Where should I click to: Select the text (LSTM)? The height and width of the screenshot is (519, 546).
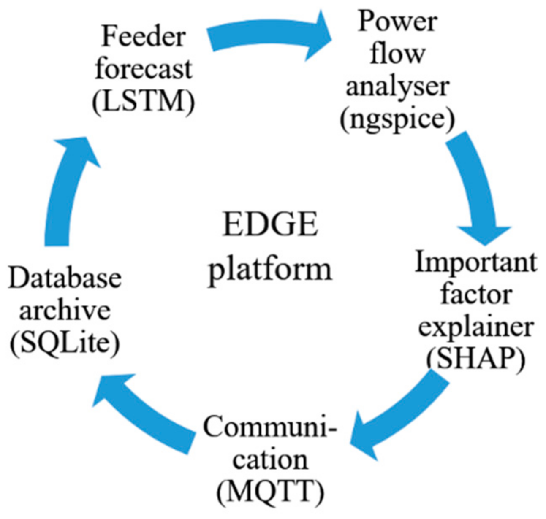tap(144, 101)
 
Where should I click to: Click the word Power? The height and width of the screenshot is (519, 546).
tap(397, 21)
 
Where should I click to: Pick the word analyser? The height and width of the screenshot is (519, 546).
tap(397, 86)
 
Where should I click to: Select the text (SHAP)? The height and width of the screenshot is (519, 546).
tap(476, 359)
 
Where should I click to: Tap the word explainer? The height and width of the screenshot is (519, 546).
tap(476, 327)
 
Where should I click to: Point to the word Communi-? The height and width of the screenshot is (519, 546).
tap(270, 427)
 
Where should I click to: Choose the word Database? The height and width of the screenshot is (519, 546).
tap(65, 278)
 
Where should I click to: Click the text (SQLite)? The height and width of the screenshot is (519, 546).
tap(65, 343)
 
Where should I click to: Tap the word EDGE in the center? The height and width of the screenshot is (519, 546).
tap(270, 224)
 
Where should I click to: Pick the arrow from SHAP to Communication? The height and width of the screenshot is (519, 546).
tap(397, 418)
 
